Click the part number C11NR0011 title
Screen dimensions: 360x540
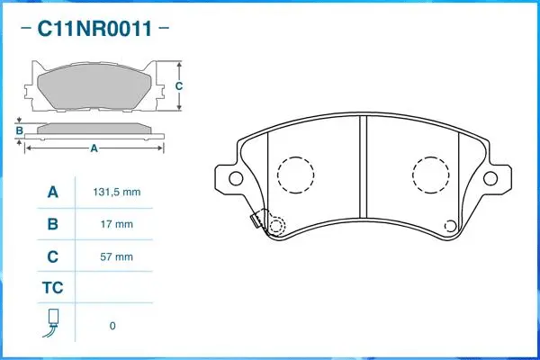tap(93, 30)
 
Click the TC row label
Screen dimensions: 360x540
tap(52, 289)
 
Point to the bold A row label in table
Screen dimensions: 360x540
tap(52, 193)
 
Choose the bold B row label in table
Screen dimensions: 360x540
tap(52, 224)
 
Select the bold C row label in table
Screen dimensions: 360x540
tap(52, 256)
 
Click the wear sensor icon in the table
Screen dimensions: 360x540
tap(52, 324)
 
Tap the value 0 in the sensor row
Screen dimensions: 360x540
tap(112, 325)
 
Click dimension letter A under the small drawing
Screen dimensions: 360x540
tap(94, 149)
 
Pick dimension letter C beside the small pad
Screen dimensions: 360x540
tap(179, 86)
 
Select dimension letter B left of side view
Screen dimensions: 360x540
tap(19, 130)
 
